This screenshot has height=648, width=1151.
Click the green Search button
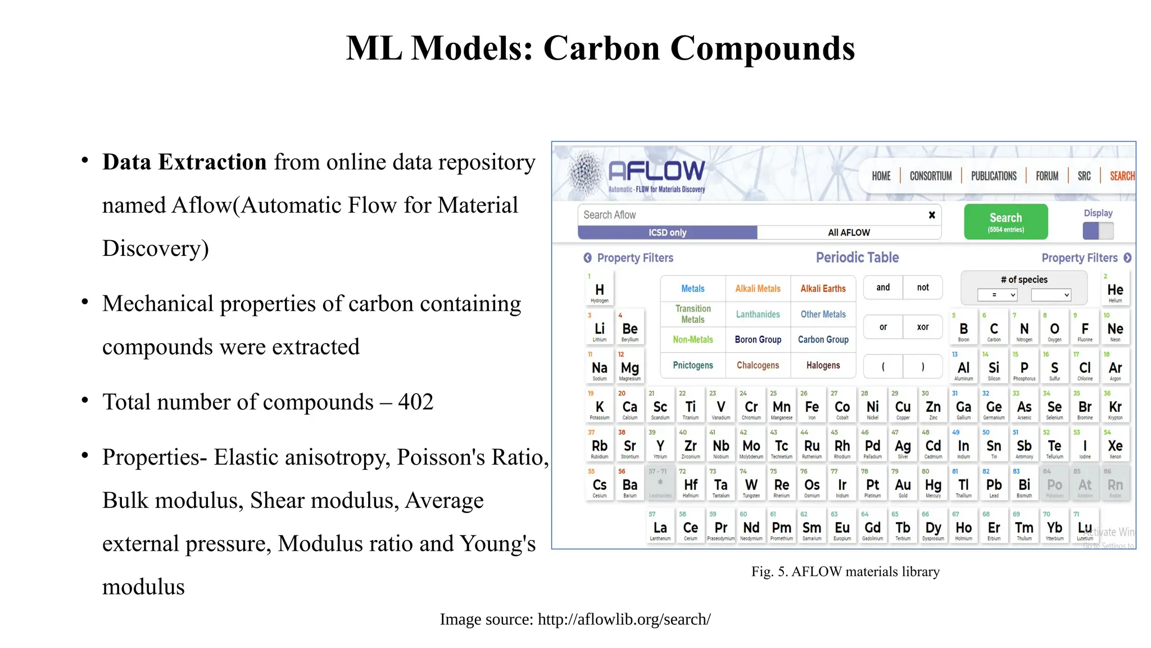pyautogui.click(x=1005, y=222)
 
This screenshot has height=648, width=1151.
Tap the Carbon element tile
pyautogui.click(x=994, y=330)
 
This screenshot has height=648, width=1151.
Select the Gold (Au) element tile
pyautogui.click(x=903, y=486)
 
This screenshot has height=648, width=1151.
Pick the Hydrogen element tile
pyautogui.click(x=599, y=291)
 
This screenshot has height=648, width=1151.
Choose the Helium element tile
pyautogui.click(x=1115, y=291)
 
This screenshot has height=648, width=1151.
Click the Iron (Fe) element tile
pyautogui.click(x=812, y=408)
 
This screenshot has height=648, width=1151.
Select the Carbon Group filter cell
pyautogui.click(x=823, y=340)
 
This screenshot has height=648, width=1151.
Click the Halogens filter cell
pyautogui.click(x=823, y=366)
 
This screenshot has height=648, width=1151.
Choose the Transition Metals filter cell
pyautogui.click(x=693, y=314)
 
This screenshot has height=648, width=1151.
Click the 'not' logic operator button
pyautogui.click(x=923, y=287)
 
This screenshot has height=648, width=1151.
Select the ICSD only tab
pyautogui.click(x=667, y=232)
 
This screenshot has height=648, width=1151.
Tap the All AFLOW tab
pyautogui.click(x=849, y=232)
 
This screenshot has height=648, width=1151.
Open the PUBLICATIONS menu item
pyautogui.click(x=994, y=176)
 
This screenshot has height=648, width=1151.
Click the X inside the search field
pyautogui.click(x=932, y=215)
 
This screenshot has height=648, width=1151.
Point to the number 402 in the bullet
pyautogui.click(x=416, y=402)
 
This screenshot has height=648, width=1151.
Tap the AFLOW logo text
pyautogui.click(x=656, y=170)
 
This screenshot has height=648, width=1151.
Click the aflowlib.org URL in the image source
pyautogui.click(x=624, y=619)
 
